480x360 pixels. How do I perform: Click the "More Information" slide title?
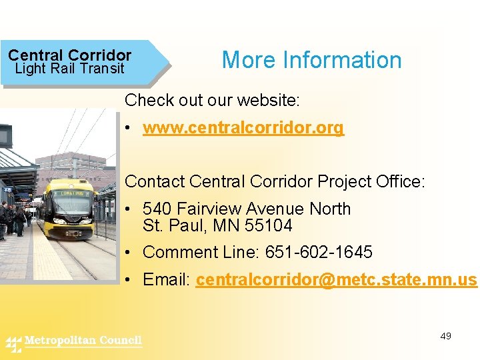[x=311, y=60]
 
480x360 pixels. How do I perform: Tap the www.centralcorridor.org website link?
[x=243, y=128]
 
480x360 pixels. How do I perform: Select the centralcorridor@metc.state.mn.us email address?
[x=337, y=279]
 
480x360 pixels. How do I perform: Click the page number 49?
[x=446, y=336]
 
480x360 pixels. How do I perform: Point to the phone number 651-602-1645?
[x=319, y=253]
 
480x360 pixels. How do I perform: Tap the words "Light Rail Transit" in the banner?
[x=69, y=69]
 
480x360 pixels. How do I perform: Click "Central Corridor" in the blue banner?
[x=69, y=55]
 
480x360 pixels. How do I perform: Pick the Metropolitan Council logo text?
[x=83, y=341]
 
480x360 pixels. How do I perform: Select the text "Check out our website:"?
[x=213, y=101]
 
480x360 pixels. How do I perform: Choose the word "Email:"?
[x=167, y=279]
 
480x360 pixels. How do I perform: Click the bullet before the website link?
[x=129, y=128]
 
